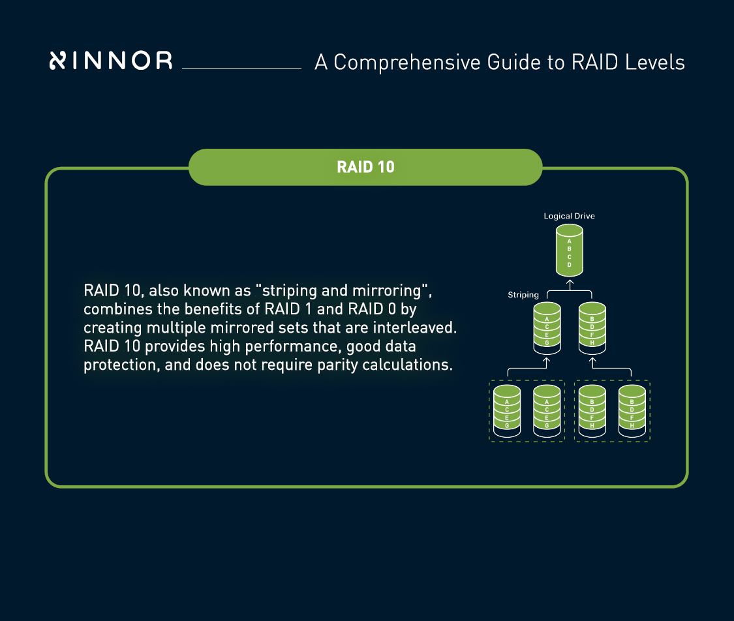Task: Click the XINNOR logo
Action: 111,61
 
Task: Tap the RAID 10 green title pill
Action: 365,167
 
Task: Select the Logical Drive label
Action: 569,216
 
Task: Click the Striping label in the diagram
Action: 523,295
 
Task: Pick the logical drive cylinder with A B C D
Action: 569,250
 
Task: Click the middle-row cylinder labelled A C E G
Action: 546,326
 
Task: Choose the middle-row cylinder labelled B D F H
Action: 592,326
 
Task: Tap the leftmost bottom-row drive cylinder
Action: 507,411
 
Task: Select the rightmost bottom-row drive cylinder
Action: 632,411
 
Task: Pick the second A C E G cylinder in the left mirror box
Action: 547,411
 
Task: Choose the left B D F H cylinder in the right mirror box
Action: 592,411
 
